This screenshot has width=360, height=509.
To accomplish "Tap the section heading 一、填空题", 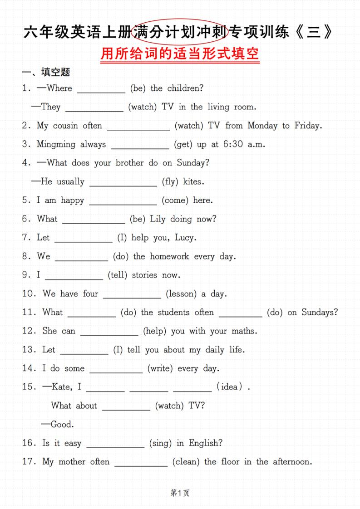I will (x=46, y=72).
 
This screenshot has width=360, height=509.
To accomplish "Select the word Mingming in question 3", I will (x=56, y=145).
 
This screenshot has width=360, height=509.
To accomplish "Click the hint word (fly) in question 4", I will (x=170, y=182).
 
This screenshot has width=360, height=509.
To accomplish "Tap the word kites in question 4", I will (x=193, y=182).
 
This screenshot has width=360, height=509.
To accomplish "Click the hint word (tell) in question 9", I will (x=118, y=275).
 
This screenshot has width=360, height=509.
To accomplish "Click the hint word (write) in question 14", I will (x=160, y=369).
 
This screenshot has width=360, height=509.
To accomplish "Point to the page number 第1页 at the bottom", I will (x=180, y=493).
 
